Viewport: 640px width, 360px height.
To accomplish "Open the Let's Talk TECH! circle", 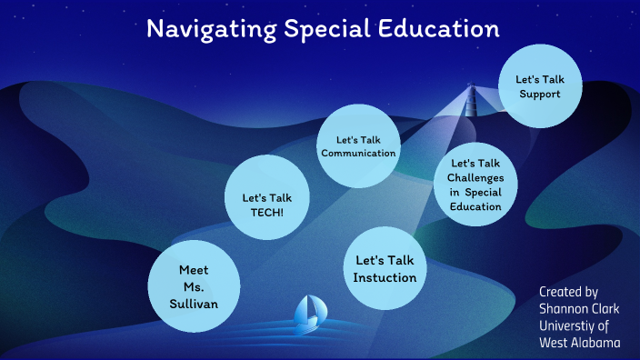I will point(265,196).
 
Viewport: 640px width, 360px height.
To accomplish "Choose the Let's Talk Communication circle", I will point(357,145).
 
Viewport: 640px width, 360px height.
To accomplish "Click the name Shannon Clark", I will point(579,309).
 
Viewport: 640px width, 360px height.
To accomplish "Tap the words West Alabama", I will point(579,343).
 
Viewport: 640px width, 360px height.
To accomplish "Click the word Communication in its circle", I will point(358,153).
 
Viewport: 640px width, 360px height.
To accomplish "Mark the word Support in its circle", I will point(539,94).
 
